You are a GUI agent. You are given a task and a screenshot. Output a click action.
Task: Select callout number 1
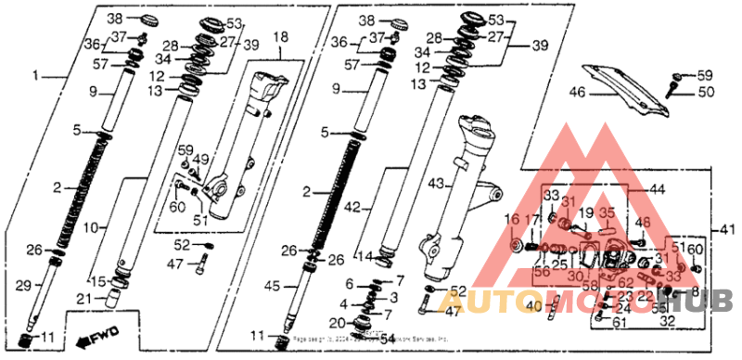pyautogui.click(x=37, y=73)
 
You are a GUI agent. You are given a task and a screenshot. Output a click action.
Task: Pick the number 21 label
pyautogui.click(x=83, y=298)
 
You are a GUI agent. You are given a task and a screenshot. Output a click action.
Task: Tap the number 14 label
pyautogui.click(x=366, y=256)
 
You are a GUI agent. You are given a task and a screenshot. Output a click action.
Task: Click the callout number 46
pyautogui.click(x=576, y=92)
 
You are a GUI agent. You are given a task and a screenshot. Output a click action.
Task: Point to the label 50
pyautogui.click(x=706, y=92)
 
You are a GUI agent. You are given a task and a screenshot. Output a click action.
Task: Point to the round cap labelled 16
pyautogui.click(x=516, y=246)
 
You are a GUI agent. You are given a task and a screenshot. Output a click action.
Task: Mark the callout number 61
pyautogui.click(x=620, y=321)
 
